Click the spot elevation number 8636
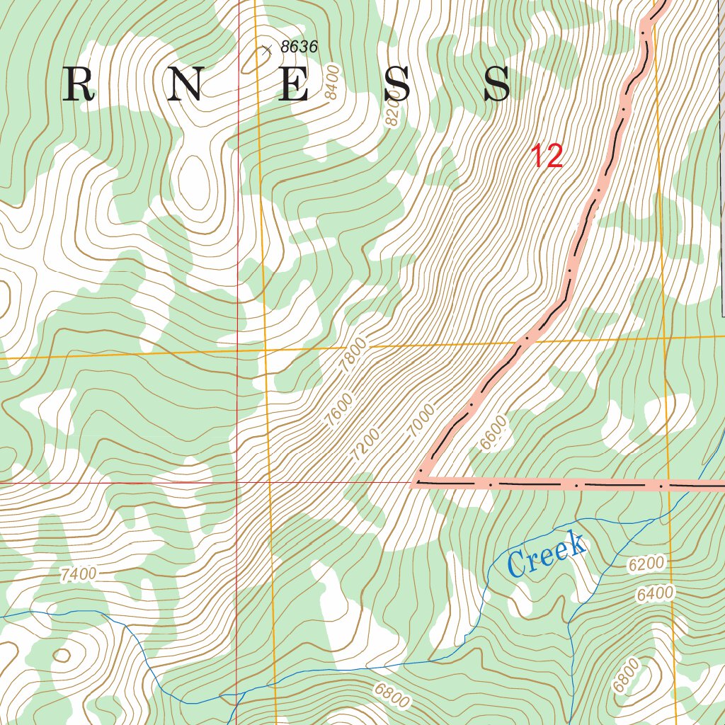click(299, 47)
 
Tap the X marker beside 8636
click(266, 50)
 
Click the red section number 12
click(547, 156)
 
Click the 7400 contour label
click(78, 574)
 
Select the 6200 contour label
click(646, 564)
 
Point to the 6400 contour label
click(655, 594)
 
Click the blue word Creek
click(547, 554)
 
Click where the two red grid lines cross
click(237, 483)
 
